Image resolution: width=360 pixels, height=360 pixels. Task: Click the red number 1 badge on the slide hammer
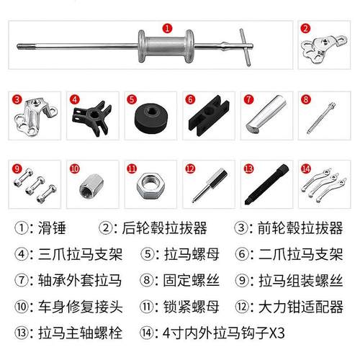[168, 29]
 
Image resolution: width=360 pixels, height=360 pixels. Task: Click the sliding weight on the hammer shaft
[164, 49]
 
